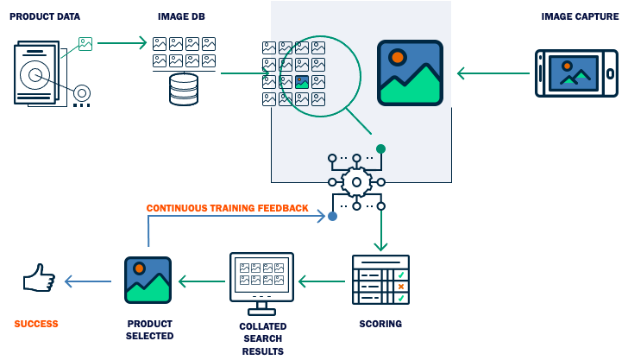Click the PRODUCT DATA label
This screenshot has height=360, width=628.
coord(45,16)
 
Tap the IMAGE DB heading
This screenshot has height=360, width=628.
coord(182,16)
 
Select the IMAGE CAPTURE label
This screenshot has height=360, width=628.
coord(581,16)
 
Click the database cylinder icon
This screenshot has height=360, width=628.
coord(184,90)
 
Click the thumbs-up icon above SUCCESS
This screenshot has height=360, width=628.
coord(39,280)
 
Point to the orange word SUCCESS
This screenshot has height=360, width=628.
coord(36,325)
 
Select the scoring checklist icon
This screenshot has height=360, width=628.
coord(380,280)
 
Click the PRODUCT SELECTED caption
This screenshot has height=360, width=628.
coord(149,330)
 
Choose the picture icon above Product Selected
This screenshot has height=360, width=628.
coord(148,280)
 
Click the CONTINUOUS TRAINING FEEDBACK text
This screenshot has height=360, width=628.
coord(227,208)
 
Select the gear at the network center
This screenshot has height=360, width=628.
coord(356,182)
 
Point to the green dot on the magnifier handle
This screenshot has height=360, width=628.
coord(380,148)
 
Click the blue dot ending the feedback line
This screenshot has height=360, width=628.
coord(332,217)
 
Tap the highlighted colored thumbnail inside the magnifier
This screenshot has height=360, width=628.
coord(302,82)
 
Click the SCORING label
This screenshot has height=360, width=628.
coord(380,325)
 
